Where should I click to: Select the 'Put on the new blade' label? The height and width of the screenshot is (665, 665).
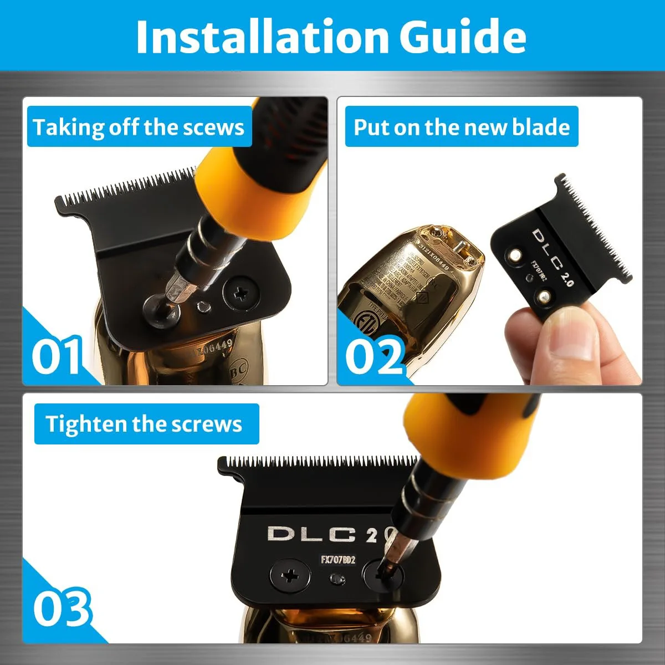(461, 127)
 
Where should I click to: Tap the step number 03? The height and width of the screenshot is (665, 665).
(61, 608)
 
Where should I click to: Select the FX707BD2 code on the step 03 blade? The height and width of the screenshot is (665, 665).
(338, 560)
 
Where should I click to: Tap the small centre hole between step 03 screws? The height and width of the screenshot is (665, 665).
(336, 579)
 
